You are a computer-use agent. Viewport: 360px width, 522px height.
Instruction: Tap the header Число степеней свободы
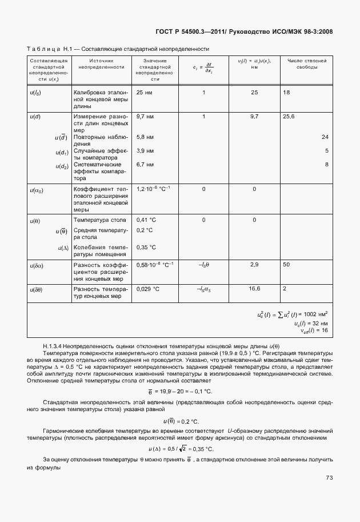[307, 63]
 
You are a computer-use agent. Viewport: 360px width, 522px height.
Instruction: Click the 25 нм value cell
[144, 92]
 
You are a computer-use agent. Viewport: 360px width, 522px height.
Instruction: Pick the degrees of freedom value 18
[286, 92]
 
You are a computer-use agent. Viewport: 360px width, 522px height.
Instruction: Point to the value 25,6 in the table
[289, 116]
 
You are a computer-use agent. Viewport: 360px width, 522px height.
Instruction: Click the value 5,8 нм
[146, 137]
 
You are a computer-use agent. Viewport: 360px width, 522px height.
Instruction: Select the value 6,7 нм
[146, 165]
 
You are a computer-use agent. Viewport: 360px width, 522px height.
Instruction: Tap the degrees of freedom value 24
[325, 137]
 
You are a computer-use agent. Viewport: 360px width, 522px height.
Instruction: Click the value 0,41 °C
[147, 220]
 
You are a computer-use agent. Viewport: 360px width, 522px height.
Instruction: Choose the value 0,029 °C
[148, 289]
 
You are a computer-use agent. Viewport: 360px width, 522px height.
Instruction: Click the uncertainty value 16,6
[254, 289]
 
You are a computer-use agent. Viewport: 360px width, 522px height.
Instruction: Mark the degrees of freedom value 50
[286, 265]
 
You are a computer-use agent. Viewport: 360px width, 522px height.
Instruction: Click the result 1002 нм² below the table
[318, 314]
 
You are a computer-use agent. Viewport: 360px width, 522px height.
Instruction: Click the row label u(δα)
[37, 265]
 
